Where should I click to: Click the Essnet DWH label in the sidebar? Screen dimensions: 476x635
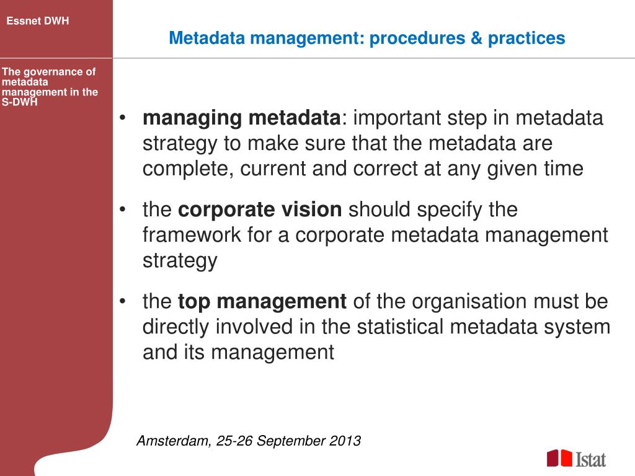click(38, 21)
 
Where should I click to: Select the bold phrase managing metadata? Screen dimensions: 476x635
click(241, 118)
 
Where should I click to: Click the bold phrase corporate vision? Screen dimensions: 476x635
click(260, 210)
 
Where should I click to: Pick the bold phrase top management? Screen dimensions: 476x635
click(262, 302)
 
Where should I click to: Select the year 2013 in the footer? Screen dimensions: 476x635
click(345, 441)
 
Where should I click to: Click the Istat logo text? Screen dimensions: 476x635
click(591, 459)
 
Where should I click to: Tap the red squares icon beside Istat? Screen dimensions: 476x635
click(559, 458)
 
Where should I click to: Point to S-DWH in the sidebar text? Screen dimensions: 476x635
click(19, 102)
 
